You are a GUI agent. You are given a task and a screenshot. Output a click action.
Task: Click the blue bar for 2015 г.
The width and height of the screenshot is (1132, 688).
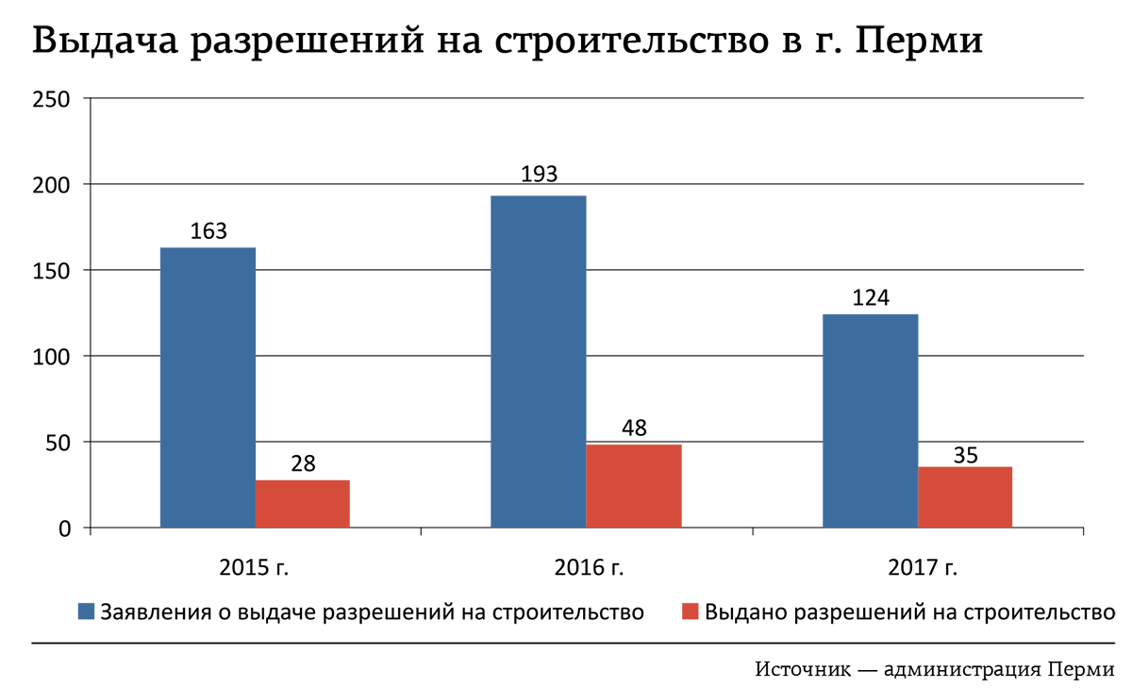(x=208, y=387)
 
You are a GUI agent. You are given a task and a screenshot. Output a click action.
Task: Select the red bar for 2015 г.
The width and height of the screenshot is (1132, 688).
(x=302, y=504)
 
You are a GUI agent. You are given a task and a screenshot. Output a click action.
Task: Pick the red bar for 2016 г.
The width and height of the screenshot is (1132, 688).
(x=633, y=486)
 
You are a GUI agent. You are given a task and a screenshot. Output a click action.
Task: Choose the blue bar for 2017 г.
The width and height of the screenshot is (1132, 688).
(x=870, y=421)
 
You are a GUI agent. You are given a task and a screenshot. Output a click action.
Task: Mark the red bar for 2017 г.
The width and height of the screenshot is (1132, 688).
(x=964, y=497)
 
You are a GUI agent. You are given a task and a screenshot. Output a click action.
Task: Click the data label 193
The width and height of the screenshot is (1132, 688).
(x=539, y=175)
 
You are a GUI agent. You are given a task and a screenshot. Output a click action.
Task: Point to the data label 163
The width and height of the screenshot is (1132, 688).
(x=208, y=231)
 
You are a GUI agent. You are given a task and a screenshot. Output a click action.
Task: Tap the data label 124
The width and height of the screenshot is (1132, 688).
(x=870, y=297)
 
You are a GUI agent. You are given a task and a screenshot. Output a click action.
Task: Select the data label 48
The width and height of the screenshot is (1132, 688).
(x=633, y=428)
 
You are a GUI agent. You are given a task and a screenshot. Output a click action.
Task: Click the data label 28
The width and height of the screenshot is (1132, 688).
(x=302, y=463)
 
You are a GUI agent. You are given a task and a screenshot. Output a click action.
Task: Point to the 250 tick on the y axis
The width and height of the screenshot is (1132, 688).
(x=52, y=98)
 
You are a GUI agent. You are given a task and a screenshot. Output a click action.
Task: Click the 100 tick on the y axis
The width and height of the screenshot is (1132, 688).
(x=52, y=356)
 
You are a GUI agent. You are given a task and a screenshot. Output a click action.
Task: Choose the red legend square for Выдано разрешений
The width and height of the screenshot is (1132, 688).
(x=688, y=611)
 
